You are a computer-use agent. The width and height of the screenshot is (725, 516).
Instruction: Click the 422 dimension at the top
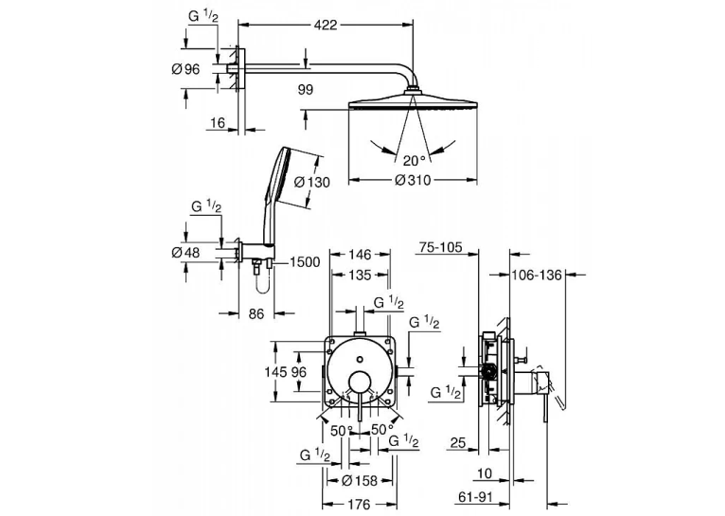pos(327,25)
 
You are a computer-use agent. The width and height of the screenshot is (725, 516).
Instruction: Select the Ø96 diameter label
pos(186,69)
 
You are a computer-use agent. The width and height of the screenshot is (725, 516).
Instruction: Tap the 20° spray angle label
pos(414,160)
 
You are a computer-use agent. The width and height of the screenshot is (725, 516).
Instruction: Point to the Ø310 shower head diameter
pos(413,179)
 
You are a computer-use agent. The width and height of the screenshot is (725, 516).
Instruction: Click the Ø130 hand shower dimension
pos(312,183)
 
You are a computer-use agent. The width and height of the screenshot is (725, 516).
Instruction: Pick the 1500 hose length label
pos(305,262)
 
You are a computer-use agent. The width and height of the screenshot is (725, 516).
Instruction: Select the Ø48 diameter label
pos(186,253)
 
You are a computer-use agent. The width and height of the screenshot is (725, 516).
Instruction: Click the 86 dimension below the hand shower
pos(256,313)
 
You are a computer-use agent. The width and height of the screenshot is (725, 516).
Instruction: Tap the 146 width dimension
pos(360,255)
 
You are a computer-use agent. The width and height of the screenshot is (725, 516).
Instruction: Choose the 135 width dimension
pos(360,276)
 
